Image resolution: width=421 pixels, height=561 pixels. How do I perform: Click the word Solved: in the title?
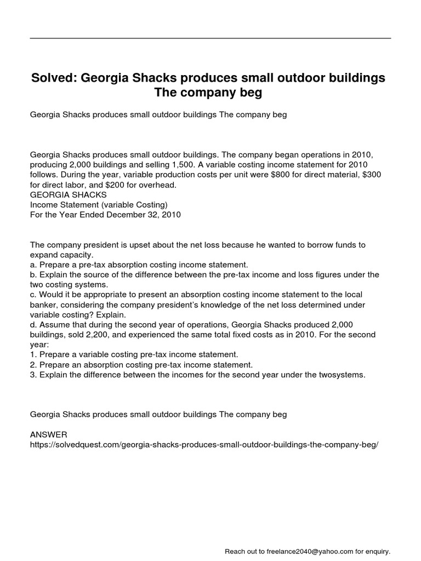(x=53, y=78)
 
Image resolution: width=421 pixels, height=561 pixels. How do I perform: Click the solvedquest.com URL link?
(x=204, y=444)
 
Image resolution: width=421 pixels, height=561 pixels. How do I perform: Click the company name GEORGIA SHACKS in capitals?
(x=69, y=194)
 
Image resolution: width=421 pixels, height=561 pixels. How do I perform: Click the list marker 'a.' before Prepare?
(x=34, y=264)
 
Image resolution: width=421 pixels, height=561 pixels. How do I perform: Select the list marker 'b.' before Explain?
(x=34, y=274)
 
